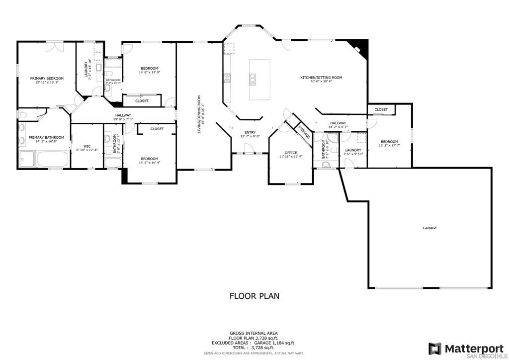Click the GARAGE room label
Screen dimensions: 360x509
pyautogui.click(x=430, y=228)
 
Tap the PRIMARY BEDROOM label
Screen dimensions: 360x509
pyautogui.click(x=47, y=78)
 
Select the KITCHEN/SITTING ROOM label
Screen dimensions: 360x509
pyautogui.click(x=321, y=78)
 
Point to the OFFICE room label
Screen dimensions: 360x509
pyautogui.click(x=291, y=153)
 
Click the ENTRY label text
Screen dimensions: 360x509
pyautogui.click(x=250, y=132)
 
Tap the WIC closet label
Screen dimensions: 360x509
pyautogui.click(x=87, y=146)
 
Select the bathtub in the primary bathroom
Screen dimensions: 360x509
pyautogui.click(x=52, y=160)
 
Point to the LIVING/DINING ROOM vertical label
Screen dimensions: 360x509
pyautogui.click(x=199, y=114)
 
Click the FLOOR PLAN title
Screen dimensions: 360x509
pyautogui.click(x=254, y=296)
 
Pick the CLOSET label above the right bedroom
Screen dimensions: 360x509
pyautogui.click(x=381, y=109)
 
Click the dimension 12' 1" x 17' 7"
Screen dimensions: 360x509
pyautogui.click(x=389, y=146)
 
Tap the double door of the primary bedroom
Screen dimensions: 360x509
pyautogui.click(x=54, y=46)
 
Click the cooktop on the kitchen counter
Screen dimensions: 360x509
pyautogui.click(x=228, y=78)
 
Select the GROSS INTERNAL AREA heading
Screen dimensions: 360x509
pyautogui.click(x=254, y=333)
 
